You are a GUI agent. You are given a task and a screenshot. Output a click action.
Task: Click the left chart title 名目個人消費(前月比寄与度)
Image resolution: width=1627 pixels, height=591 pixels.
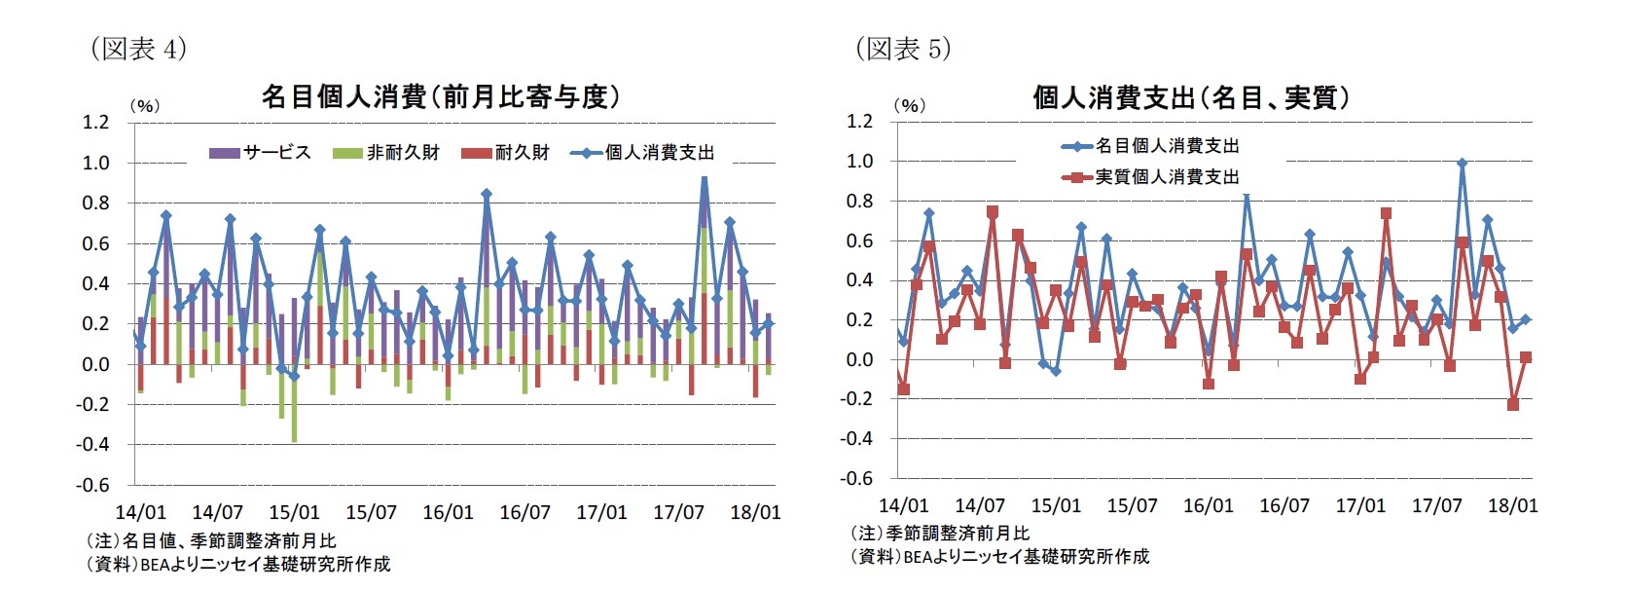point(440,96)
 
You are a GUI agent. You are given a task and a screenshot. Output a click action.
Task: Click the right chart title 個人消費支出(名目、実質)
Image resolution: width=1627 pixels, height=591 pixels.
point(1191,97)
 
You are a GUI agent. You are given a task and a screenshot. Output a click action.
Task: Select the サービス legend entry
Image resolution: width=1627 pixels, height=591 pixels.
point(261,153)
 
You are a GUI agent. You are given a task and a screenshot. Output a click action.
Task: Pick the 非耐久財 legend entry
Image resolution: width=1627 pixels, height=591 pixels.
point(386,153)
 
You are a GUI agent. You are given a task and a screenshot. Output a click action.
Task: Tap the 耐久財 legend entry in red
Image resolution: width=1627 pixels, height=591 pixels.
point(505,153)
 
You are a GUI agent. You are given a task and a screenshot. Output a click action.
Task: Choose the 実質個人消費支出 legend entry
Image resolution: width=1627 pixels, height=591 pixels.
point(1152,177)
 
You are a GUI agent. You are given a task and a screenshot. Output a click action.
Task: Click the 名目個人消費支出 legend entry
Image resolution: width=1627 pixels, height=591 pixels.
point(1152,146)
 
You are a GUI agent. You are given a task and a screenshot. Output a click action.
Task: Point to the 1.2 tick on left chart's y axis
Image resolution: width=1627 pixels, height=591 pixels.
point(95,122)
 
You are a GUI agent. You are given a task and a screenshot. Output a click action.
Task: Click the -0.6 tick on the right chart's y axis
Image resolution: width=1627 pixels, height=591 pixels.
point(857,478)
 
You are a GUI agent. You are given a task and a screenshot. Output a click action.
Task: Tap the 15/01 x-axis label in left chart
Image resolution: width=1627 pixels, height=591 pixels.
point(294,512)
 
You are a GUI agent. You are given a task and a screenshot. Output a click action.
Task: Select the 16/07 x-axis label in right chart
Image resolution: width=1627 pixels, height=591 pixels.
point(1284,505)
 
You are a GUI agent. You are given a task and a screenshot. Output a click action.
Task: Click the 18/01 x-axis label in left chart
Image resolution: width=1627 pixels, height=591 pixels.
point(755,512)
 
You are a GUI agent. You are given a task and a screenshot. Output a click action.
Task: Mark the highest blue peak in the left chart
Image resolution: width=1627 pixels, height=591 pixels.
point(705,178)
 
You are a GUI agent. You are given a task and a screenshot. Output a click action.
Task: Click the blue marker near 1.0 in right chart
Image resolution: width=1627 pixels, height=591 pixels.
point(1462,164)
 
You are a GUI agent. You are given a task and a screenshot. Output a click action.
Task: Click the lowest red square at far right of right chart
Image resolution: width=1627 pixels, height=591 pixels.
point(1513,404)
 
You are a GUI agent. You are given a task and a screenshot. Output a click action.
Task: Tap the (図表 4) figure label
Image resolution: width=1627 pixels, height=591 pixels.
point(137,49)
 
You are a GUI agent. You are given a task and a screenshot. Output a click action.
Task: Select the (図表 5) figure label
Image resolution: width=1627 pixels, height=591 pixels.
point(902,49)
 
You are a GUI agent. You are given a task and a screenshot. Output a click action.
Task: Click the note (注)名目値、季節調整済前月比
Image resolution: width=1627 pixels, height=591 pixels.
point(211,540)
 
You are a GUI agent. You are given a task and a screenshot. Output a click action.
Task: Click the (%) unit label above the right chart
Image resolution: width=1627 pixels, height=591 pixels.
point(909,105)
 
